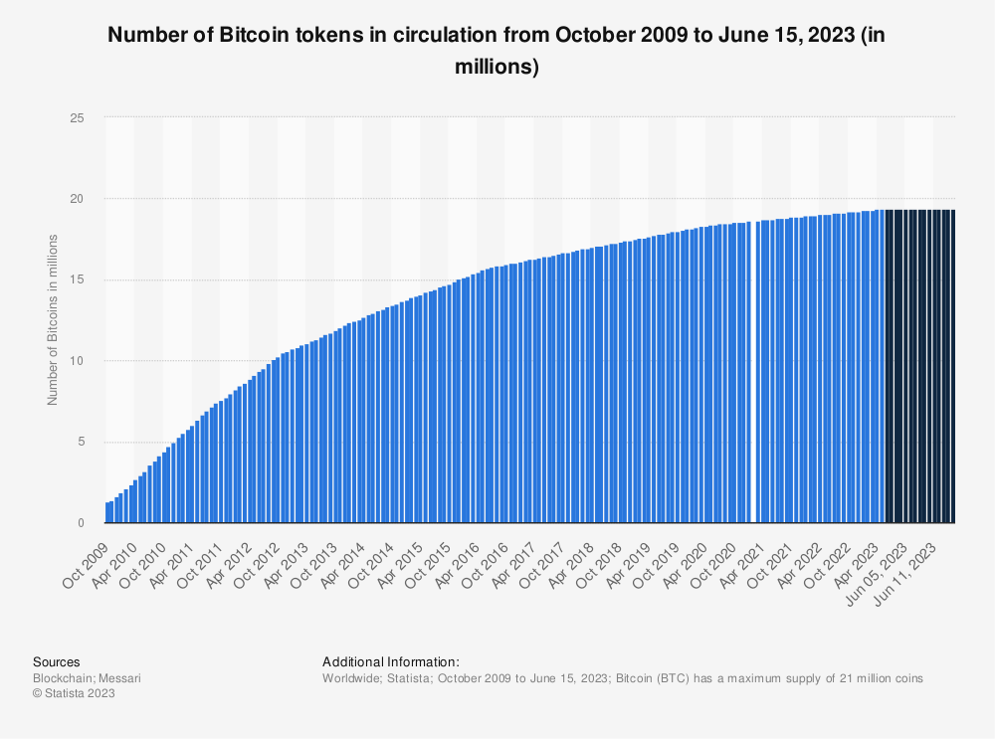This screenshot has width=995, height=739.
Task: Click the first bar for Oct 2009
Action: point(107,512)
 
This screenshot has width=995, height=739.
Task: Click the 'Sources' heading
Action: point(57,661)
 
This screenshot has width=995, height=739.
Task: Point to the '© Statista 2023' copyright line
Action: point(75,694)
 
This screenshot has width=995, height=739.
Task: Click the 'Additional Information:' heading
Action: point(391,661)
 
